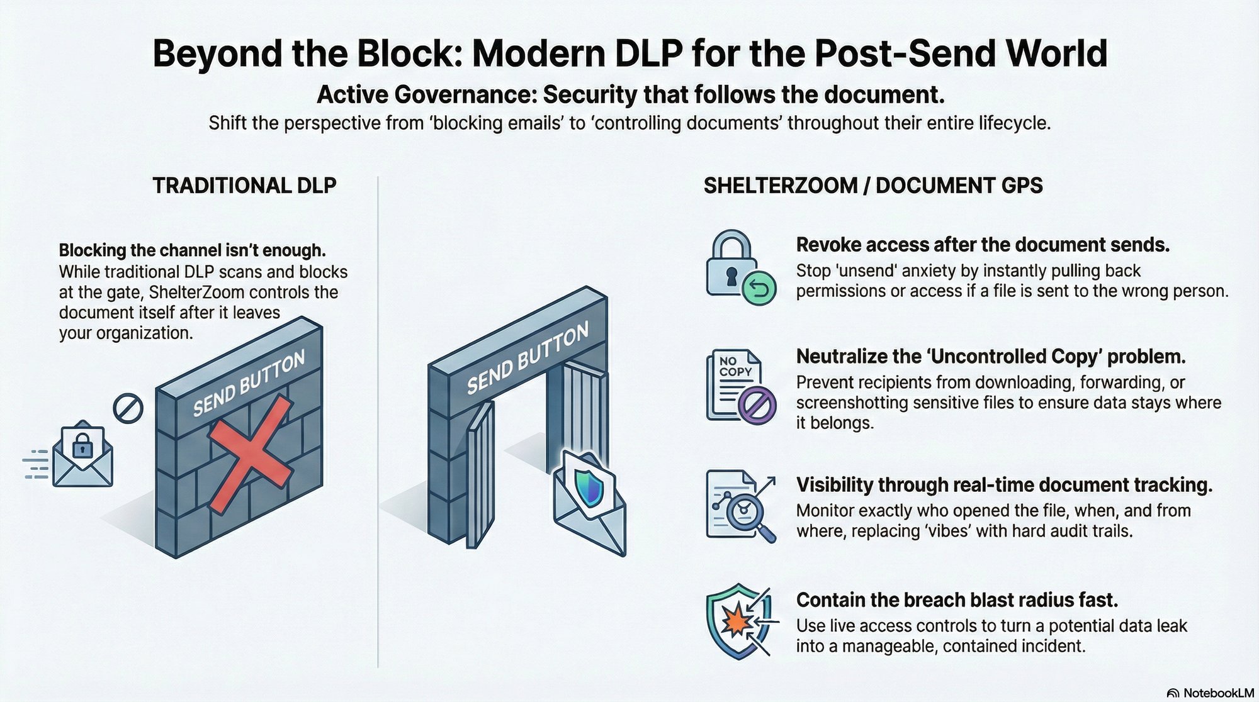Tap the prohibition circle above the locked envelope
(x=128, y=409)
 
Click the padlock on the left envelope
(x=82, y=446)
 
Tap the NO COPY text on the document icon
(x=735, y=367)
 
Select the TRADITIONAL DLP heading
(x=244, y=186)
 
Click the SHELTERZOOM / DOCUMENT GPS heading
(x=872, y=186)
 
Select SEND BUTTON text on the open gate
(x=528, y=359)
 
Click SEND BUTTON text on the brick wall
(x=249, y=384)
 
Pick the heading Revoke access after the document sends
(x=982, y=245)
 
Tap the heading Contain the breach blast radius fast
(x=957, y=600)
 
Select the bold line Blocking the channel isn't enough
(x=192, y=250)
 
